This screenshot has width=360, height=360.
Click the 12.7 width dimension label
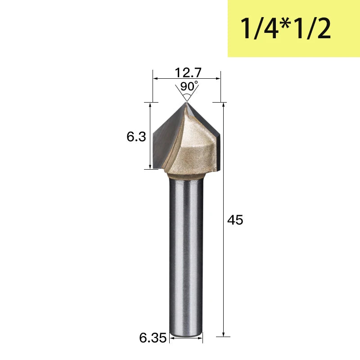pos(188,72)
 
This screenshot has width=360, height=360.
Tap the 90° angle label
pos(189,86)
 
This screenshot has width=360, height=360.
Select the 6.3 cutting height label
pos(136,137)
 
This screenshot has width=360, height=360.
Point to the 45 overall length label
pos(235,220)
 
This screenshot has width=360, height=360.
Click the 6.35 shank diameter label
pos(153,338)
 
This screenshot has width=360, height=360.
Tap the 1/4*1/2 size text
pos(285,28)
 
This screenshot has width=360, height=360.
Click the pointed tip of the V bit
pos(186,103)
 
